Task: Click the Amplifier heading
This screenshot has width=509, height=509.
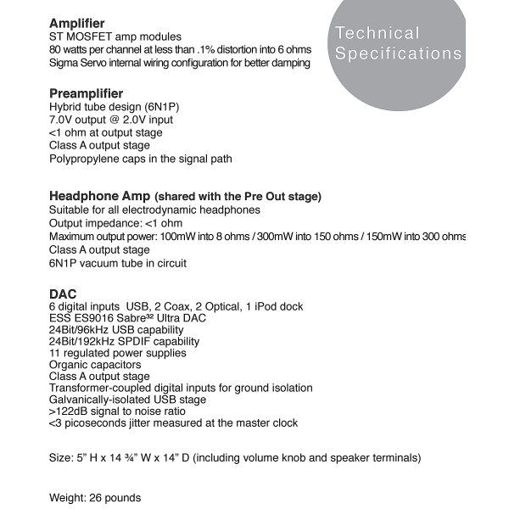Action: pos(77,23)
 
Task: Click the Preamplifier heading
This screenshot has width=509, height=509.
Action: pos(86,93)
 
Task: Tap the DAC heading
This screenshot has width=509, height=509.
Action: pos(63,294)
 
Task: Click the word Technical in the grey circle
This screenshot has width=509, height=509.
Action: pos(378,34)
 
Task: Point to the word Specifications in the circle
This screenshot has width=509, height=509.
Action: pos(398,53)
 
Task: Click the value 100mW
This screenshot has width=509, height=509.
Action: pos(176,236)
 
